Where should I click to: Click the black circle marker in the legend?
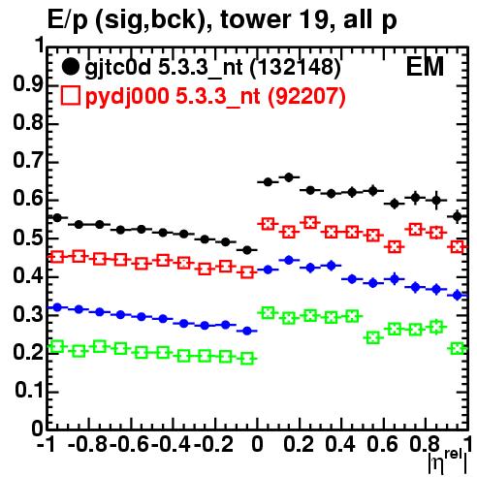click(70, 67)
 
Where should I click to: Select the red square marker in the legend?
click(70, 96)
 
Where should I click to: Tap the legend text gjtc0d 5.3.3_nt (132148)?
click(212, 69)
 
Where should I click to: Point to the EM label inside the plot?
click(425, 67)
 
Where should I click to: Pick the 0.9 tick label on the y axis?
click(28, 84)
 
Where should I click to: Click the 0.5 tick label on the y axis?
click(28, 238)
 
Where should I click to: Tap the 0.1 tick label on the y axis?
click(28, 391)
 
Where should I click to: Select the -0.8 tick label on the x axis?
click(88, 444)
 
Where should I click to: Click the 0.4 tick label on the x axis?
click(340, 444)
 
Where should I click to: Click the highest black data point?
click(289, 177)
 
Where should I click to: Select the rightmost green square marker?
click(458, 349)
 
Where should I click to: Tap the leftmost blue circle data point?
click(57, 307)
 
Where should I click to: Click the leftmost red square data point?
click(57, 257)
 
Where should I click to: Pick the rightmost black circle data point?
click(458, 216)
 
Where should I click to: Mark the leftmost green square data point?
click(57, 347)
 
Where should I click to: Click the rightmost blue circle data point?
click(458, 295)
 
